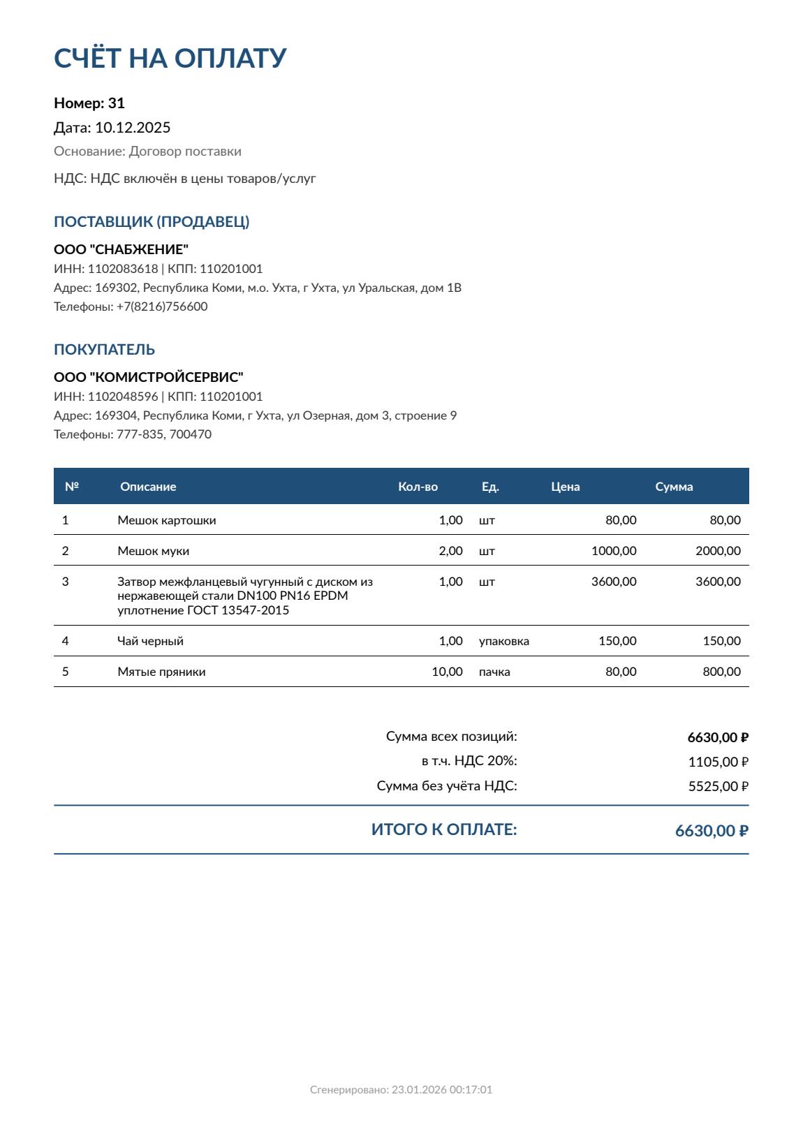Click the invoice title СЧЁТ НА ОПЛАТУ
(x=170, y=58)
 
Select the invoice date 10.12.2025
(x=133, y=127)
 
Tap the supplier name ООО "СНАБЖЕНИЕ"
(x=121, y=249)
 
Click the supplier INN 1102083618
(x=123, y=269)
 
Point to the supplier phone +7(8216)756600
(x=162, y=307)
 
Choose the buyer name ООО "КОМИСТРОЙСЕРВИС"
(x=148, y=377)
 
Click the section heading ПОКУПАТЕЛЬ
(x=104, y=349)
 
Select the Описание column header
(x=148, y=487)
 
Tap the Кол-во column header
(x=418, y=487)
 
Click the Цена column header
(x=565, y=487)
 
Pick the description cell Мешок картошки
(x=166, y=520)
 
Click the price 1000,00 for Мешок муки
(x=614, y=551)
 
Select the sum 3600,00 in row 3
(x=718, y=582)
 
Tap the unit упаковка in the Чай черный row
(x=503, y=641)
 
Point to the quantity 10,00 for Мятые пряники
(x=447, y=672)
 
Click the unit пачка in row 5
(x=494, y=672)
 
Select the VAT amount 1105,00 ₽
(x=718, y=762)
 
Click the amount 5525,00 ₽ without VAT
(x=718, y=786)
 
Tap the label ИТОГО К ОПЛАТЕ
(x=444, y=829)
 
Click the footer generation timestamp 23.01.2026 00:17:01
(x=441, y=1090)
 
